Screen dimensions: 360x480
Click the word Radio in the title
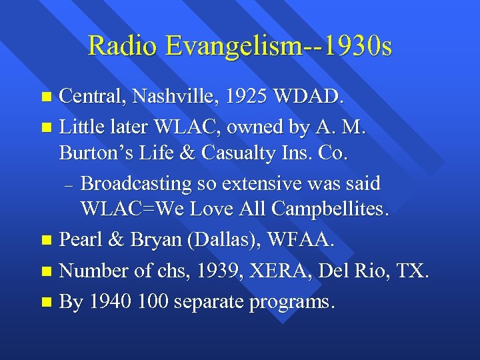point(125,46)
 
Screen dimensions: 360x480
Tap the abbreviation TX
point(414,272)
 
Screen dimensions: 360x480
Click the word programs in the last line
point(291,303)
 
